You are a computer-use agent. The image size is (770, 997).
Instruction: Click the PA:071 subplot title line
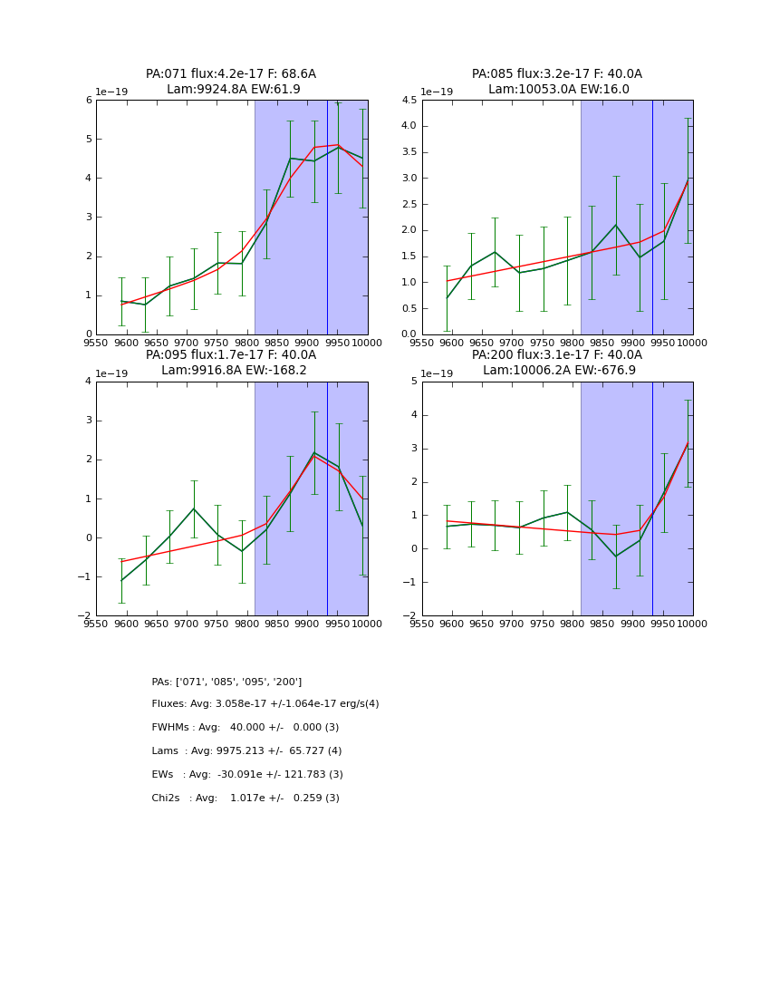[x=231, y=74]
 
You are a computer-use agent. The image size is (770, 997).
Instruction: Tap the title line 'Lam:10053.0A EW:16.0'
[x=558, y=90]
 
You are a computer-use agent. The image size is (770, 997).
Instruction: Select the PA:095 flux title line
[x=231, y=355]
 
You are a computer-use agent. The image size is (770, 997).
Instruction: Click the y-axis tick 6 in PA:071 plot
[x=89, y=101]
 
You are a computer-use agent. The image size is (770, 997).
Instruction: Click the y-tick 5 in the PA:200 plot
[x=415, y=382]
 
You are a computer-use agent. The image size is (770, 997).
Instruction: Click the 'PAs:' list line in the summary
[x=226, y=682]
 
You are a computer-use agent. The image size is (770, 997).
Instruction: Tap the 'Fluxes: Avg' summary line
[x=265, y=704]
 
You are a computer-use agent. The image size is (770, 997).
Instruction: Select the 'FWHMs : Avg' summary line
[x=245, y=728]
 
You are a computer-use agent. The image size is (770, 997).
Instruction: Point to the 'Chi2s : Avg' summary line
[x=245, y=799]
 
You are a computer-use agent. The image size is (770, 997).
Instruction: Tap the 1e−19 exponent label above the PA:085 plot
[x=437, y=92]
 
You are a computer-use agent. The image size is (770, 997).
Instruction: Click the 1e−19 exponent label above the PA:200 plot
[x=437, y=374]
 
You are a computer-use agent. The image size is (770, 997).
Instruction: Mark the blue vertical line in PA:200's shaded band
[x=652, y=498]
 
